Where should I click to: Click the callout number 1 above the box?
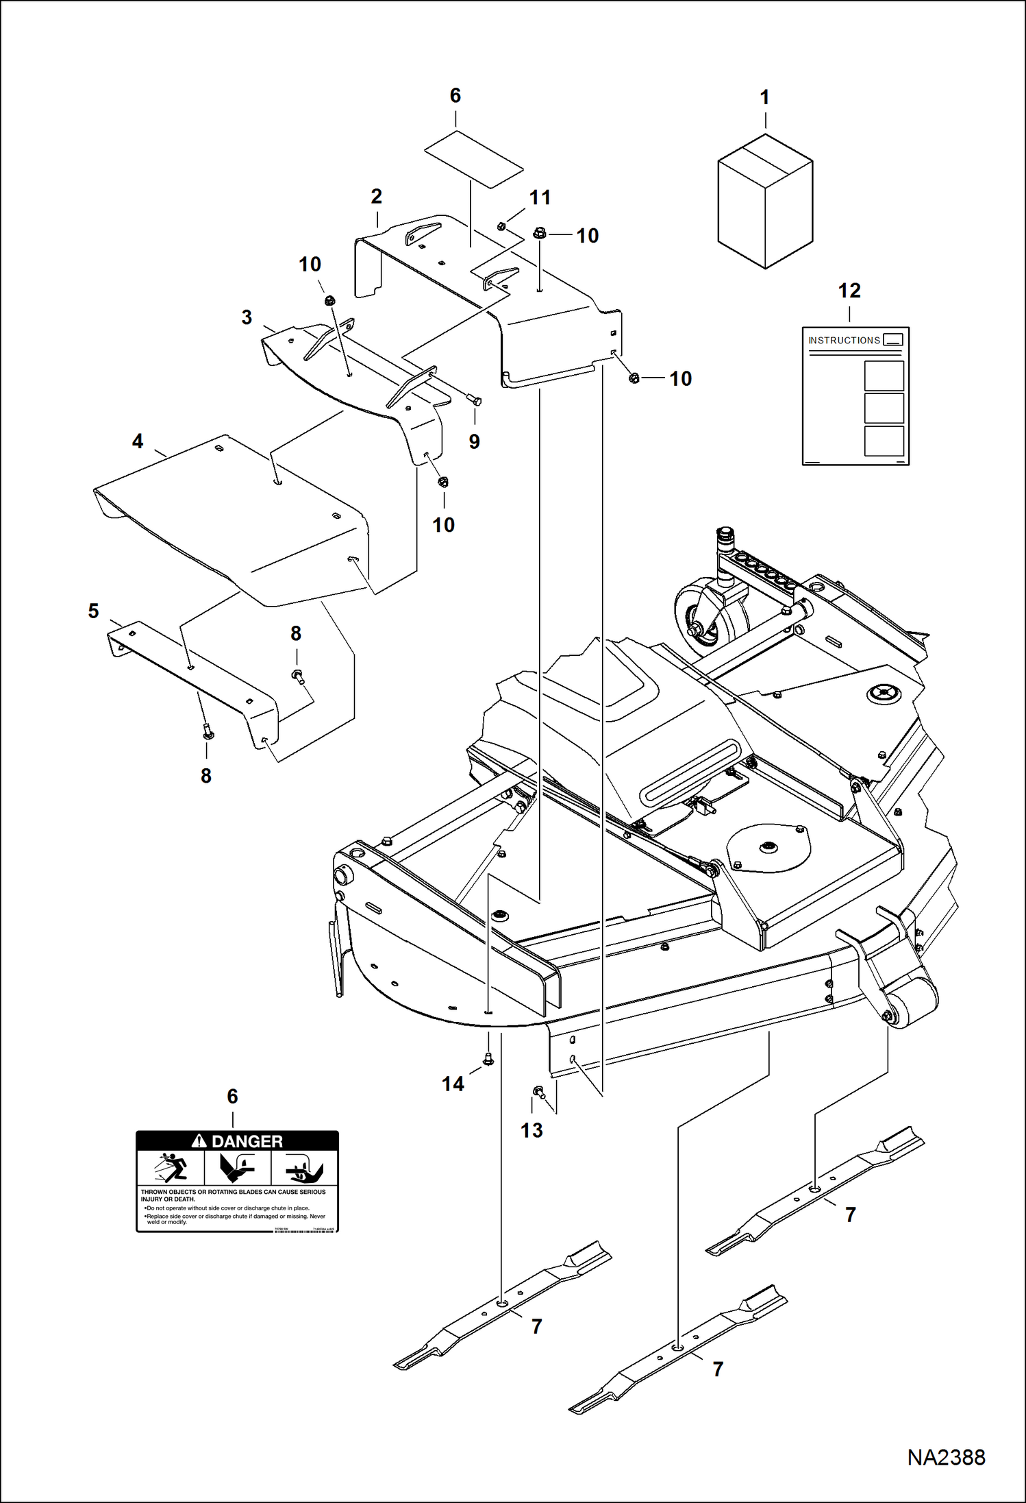tap(765, 98)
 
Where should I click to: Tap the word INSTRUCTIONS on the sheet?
tap(844, 341)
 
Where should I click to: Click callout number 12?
tap(849, 291)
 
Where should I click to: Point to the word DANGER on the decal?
tap(247, 1141)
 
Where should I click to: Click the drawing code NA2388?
tap(946, 1457)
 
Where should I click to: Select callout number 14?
tap(453, 1084)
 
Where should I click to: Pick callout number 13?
tap(531, 1130)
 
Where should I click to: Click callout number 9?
tap(474, 441)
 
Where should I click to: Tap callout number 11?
tap(540, 198)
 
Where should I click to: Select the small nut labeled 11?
tap(501, 226)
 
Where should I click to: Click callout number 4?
tap(138, 441)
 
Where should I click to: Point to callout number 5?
tap(94, 611)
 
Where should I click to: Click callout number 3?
tap(247, 317)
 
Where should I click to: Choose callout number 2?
tap(376, 197)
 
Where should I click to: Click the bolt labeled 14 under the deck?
tap(488, 1059)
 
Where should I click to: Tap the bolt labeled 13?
tap(539, 1091)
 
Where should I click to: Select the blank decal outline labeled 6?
tap(473, 158)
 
